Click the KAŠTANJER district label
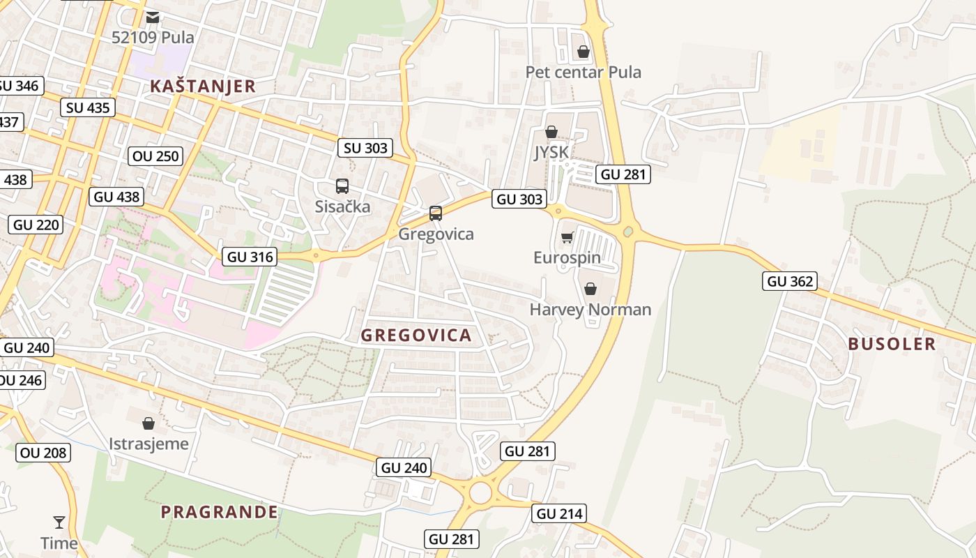(203, 86)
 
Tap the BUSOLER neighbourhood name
(892, 344)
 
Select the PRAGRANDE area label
(219, 512)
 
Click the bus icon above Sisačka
(342, 186)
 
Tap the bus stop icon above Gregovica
(435, 213)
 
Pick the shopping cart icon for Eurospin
(567, 238)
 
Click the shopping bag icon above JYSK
(551, 132)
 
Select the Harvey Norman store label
(590, 309)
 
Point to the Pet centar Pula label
(583, 72)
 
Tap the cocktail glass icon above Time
(59, 522)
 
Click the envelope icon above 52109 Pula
(153, 17)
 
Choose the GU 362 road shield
(790, 281)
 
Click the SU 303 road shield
(365, 148)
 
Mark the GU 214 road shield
(558, 514)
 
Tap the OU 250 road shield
(155, 156)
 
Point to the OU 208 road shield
(43, 453)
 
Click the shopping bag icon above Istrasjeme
(148, 423)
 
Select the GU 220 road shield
(36, 225)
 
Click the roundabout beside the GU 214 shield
(480, 492)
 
